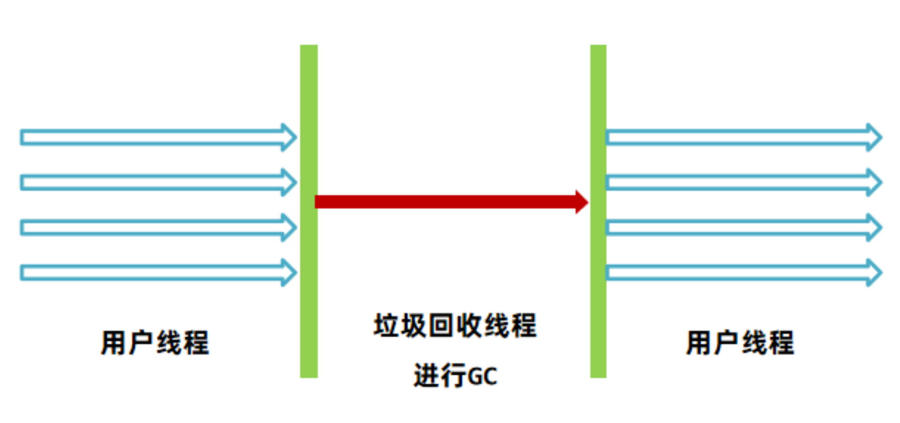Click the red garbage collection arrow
(446, 202)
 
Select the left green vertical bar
(309, 211)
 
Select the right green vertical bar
(598, 211)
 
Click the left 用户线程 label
(155, 343)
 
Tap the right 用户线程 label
(740, 343)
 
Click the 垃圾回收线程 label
(455, 325)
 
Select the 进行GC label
(455, 376)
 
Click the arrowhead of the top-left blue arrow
(288, 138)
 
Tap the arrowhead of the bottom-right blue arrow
(874, 273)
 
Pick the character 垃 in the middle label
(386, 325)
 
